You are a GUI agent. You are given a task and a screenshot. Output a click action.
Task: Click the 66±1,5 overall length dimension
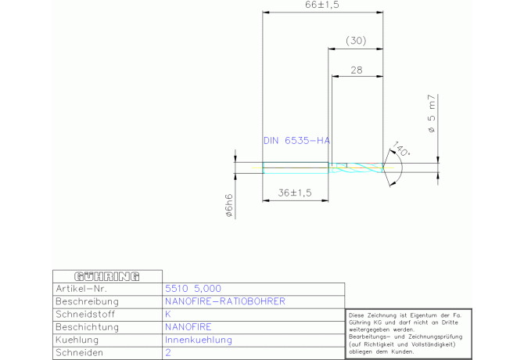[x=321, y=5]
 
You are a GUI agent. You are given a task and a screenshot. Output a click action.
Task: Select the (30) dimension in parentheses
[x=356, y=40]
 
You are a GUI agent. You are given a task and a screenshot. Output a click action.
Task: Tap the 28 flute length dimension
[x=357, y=70]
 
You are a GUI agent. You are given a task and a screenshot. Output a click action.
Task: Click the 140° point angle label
[x=401, y=149]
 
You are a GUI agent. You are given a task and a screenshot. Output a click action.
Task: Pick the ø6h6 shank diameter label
[x=229, y=204]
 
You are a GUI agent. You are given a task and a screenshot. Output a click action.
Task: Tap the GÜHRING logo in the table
[x=106, y=276]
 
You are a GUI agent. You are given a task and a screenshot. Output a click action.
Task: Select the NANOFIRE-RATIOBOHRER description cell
[x=225, y=301]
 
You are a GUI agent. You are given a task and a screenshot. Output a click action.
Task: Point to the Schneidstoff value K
[x=168, y=315]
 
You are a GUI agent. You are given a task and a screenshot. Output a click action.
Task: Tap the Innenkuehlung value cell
[x=199, y=340]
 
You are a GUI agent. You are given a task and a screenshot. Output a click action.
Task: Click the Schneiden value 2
[x=168, y=353]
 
